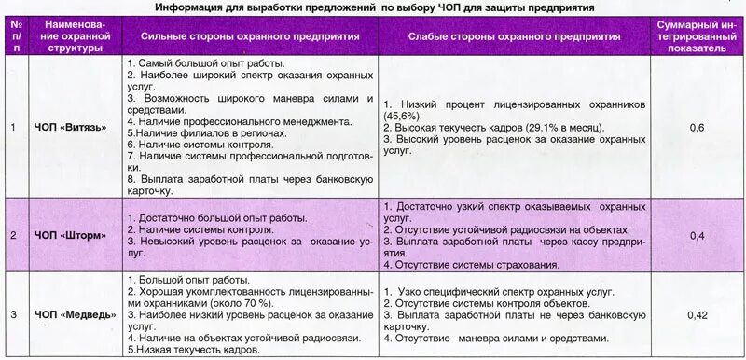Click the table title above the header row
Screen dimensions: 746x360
pos(374,7)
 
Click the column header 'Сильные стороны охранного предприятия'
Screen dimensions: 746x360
pos(251,35)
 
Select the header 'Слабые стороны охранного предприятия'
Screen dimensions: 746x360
pos(514,35)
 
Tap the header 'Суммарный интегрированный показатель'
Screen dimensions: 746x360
pos(697,35)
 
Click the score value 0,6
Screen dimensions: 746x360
pos(697,126)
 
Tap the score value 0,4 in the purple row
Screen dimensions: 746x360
pos(697,235)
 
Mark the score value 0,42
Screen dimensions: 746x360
pos(697,314)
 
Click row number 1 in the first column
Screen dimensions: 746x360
pos(13,126)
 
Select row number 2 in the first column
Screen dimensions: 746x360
pos(13,235)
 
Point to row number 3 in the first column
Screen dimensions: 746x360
pos(13,314)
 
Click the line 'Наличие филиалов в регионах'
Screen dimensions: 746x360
pos(206,133)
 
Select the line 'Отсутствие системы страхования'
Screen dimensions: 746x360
pos(474,264)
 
